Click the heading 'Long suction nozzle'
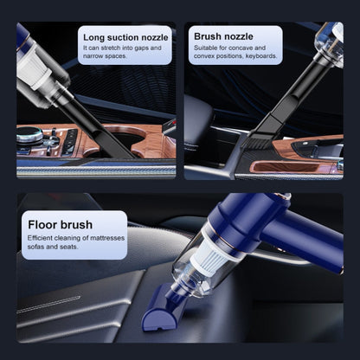(125, 37)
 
